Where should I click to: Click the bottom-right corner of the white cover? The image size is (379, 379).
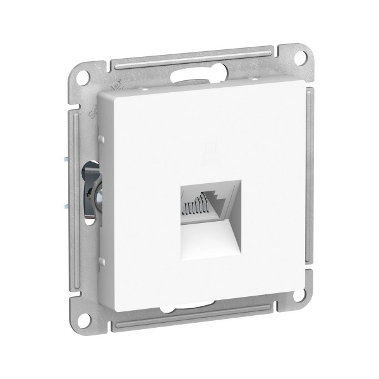pos(292,300)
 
